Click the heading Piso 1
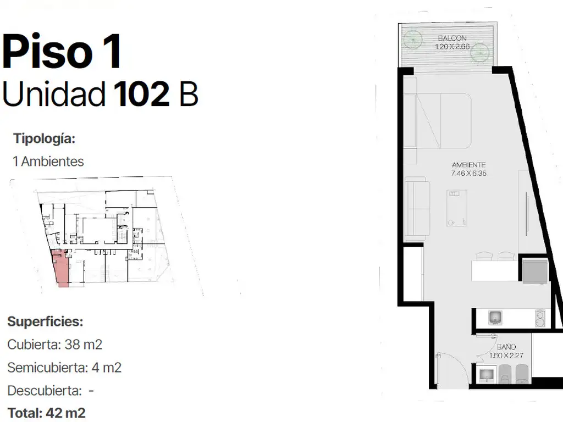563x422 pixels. (x=62, y=51)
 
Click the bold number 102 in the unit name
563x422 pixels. (x=141, y=93)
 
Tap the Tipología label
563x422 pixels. (x=44, y=138)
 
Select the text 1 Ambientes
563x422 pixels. (x=48, y=162)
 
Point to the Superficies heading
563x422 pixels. (x=45, y=321)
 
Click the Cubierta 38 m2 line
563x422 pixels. (x=54, y=345)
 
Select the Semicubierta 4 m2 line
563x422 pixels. (x=64, y=368)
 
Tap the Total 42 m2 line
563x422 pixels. (x=46, y=413)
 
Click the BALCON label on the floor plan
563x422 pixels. (x=452, y=38)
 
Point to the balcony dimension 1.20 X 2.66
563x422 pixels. (x=452, y=47)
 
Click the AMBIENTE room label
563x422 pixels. (x=468, y=165)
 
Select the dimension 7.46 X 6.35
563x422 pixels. (x=468, y=173)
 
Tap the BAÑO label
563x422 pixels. (x=506, y=347)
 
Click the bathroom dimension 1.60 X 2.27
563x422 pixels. (x=506, y=356)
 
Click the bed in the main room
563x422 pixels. (x=437, y=121)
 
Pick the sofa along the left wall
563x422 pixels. (x=417, y=208)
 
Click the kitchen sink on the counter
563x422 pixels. (x=495, y=318)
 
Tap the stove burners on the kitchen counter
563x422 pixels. (x=540, y=318)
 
